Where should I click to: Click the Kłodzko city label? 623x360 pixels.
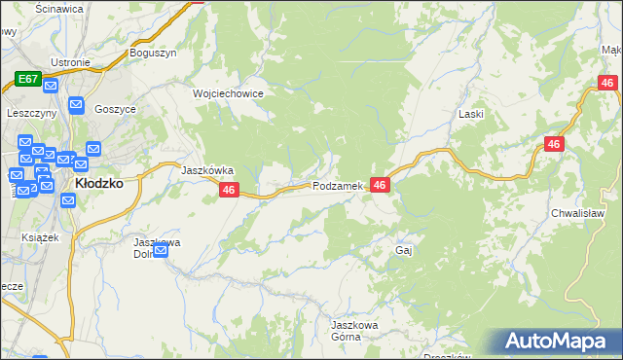pos(98,182)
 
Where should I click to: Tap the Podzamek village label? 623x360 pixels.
pos(338,186)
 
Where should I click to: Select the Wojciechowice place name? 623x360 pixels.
pos(228,93)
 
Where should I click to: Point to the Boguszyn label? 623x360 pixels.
pos(153,54)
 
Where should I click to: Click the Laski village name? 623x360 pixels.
pos(471,114)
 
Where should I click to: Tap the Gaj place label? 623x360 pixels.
pos(405,250)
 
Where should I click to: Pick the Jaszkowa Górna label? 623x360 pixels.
pos(352,330)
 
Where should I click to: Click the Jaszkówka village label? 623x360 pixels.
pos(207,169)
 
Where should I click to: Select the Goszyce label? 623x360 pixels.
pos(115,109)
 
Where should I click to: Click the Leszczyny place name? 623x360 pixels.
pos(31,113)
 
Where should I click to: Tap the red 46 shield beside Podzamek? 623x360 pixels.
pos(380,185)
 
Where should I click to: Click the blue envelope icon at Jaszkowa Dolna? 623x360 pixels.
pos(161,251)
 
